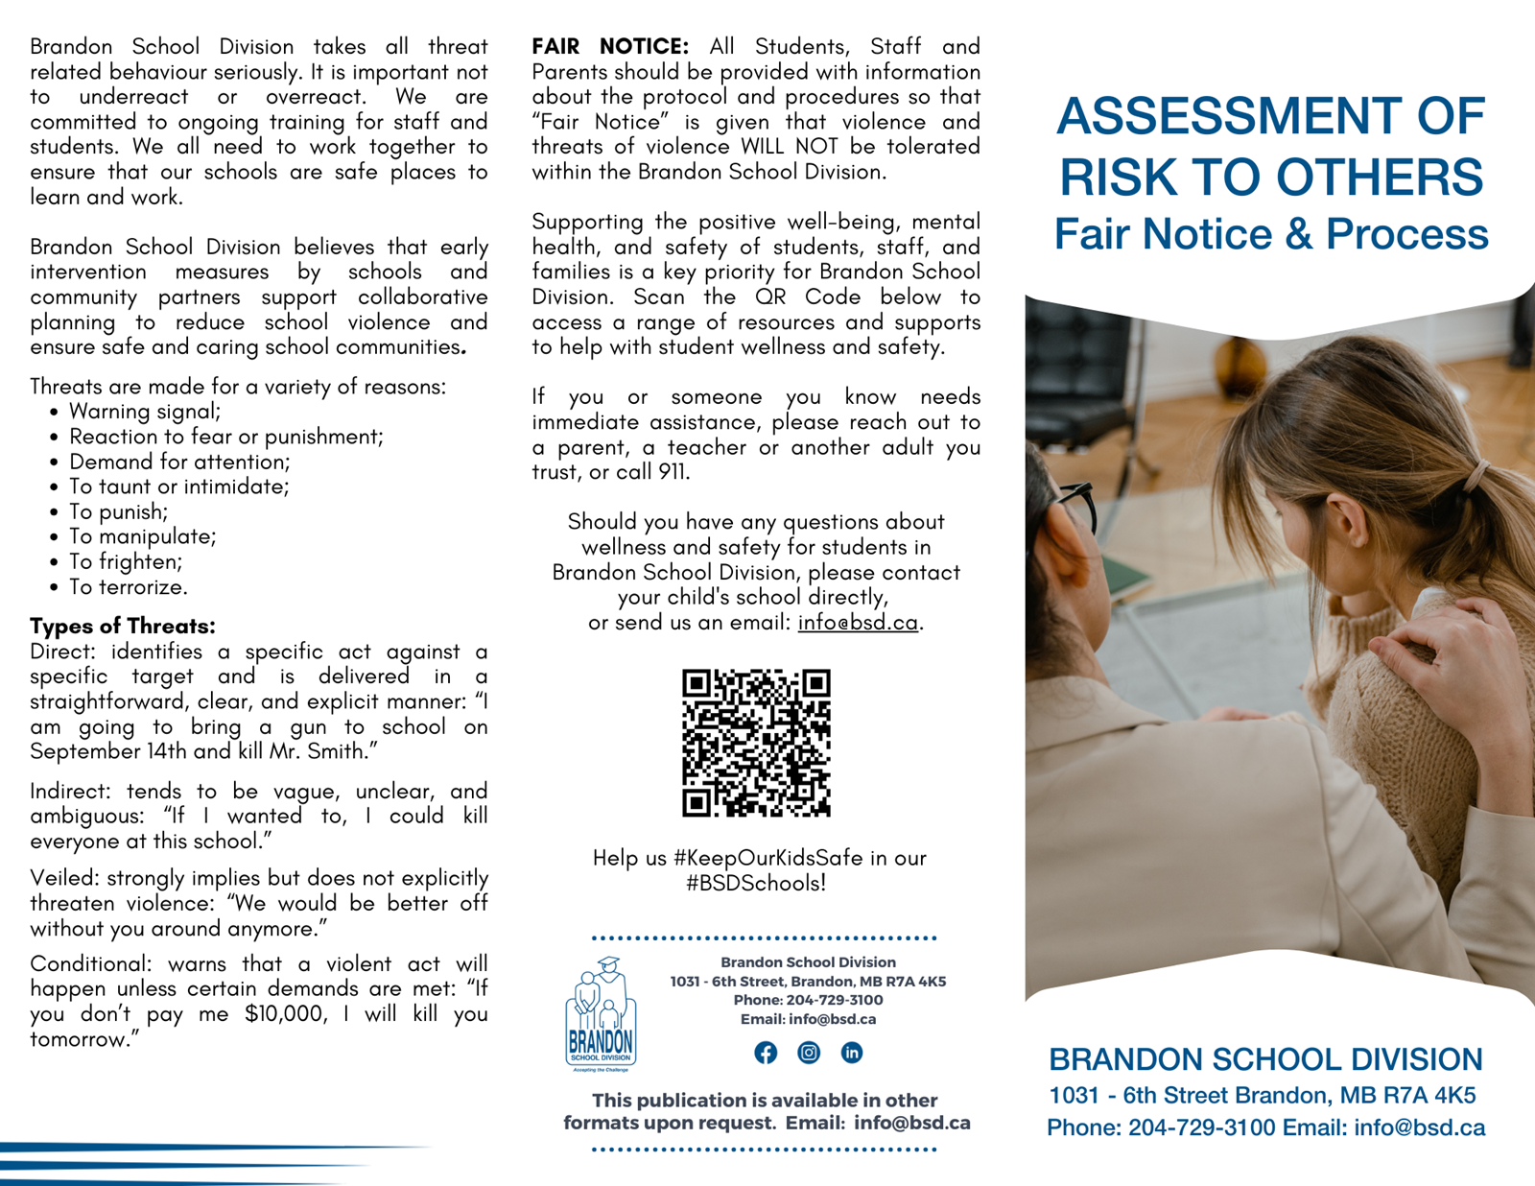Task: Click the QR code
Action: point(756,743)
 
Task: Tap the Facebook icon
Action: point(766,1053)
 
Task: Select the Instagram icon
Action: point(809,1053)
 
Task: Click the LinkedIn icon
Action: point(851,1053)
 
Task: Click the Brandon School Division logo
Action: point(601,1014)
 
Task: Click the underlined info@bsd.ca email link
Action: point(858,622)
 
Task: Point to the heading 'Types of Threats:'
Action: point(123,626)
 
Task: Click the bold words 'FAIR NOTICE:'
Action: point(610,46)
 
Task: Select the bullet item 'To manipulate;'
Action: point(142,536)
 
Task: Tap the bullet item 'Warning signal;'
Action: point(145,412)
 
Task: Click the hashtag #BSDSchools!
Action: point(756,883)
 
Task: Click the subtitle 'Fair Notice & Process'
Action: point(1271,234)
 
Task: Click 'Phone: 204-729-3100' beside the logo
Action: point(808,1000)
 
